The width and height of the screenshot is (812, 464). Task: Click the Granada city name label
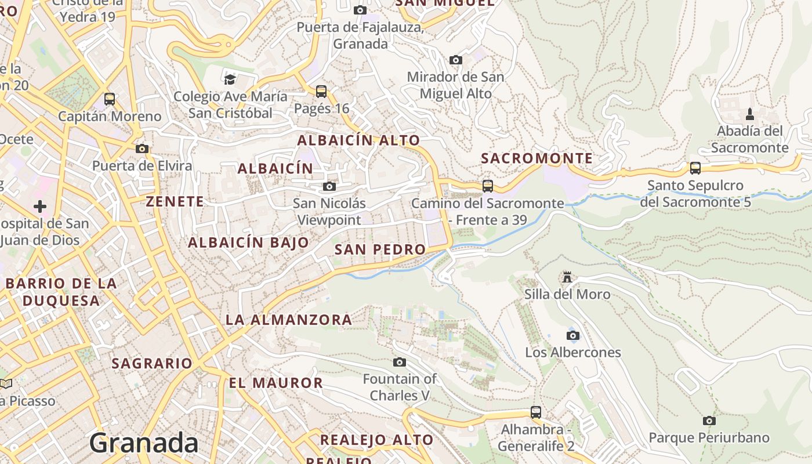pos(144,443)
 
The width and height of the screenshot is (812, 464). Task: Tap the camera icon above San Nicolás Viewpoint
pos(329,186)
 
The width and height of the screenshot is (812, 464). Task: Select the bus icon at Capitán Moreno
pos(110,99)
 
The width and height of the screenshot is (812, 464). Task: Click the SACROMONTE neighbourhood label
pos(537,158)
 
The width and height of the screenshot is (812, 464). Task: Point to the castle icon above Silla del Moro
pos(567,277)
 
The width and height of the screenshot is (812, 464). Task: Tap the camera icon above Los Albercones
pos(573,335)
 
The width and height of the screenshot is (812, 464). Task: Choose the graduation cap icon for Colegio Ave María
pos(230,79)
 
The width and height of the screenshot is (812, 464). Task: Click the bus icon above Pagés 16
pos(321,91)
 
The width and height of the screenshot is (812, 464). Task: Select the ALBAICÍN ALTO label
pos(358,140)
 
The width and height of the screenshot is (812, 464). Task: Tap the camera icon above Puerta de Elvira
pos(142,148)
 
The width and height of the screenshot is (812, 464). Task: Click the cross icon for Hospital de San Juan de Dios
pos(40,206)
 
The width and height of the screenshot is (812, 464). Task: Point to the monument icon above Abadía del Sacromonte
pos(749,113)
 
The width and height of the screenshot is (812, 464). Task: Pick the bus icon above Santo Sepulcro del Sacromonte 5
pos(695,168)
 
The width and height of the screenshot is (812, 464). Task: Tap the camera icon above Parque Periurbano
pos(709,420)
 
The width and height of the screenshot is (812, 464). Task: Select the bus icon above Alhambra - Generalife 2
pos(536,412)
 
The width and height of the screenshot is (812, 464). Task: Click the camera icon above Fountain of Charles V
pos(400,362)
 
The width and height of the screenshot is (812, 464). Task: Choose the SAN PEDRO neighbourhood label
pos(380,249)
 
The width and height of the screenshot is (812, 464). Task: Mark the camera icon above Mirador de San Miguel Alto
pos(456,60)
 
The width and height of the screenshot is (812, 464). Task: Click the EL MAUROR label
pos(275,383)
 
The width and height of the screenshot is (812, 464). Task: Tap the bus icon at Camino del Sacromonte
pos(488,186)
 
